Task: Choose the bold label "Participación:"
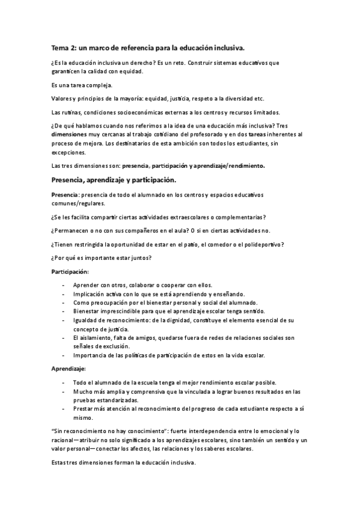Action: pos(71,272)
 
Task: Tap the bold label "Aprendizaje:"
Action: pos(69,368)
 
